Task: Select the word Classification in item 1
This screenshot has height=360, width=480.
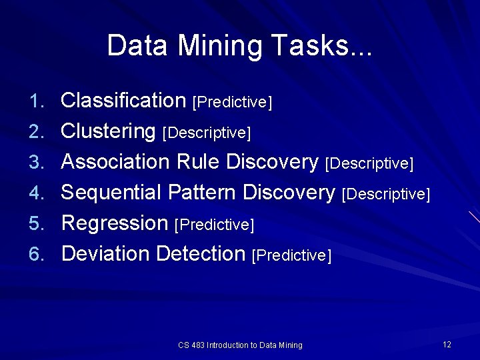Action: point(123,101)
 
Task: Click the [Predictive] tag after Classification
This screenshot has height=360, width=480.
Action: point(232,103)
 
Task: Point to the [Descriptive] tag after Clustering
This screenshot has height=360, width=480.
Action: point(207,133)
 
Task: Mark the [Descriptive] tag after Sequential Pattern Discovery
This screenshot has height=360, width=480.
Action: point(385,195)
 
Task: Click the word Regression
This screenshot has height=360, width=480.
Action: point(115,223)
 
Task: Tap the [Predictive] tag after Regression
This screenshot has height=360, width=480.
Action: point(214,225)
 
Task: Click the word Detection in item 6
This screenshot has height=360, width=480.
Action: point(201,254)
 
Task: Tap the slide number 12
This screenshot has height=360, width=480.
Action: point(447,344)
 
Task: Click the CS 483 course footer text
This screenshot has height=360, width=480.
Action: point(240,345)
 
